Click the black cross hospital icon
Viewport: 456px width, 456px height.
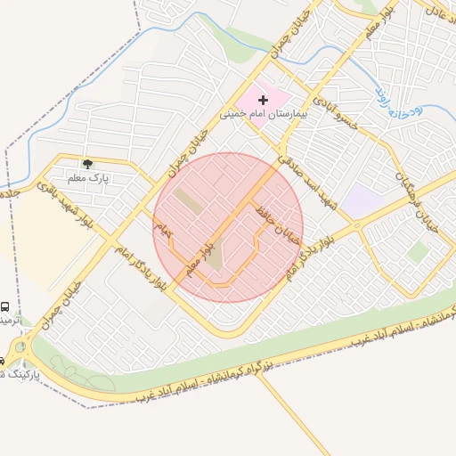263,101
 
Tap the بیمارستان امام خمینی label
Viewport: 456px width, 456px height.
264,115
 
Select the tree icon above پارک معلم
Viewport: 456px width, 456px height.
87,164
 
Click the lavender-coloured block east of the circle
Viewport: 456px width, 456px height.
361,201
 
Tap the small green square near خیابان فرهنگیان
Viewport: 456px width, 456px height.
418,252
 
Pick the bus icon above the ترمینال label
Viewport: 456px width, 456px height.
5,305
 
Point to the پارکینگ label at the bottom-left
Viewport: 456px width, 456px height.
9,374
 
